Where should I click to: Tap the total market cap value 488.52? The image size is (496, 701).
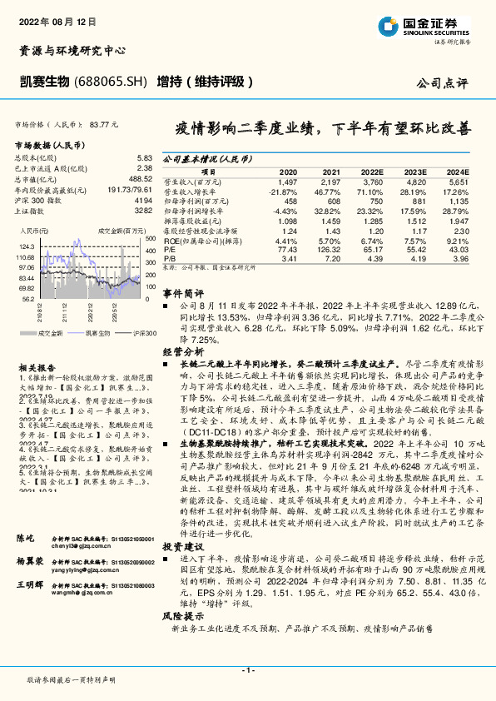[140, 178]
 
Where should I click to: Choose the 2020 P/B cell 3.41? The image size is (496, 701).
[289, 259]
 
